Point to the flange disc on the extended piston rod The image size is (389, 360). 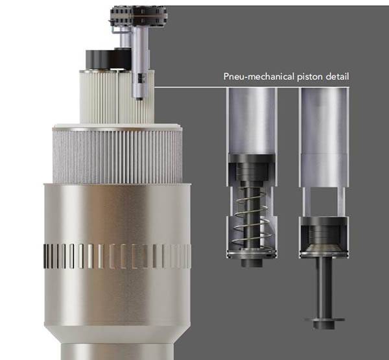(325, 320)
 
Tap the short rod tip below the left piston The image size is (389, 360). (252, 263)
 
